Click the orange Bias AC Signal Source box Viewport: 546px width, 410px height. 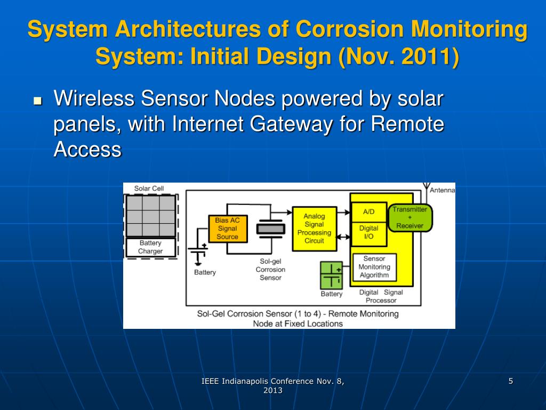pyautogui.click(x=228, y=228)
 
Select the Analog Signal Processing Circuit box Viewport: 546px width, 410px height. pyautogui.click(x=314, y=228)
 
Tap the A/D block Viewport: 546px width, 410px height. pyautogui.click(x=368, y=211)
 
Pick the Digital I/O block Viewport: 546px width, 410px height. pyautogui.click(x=368, y=232)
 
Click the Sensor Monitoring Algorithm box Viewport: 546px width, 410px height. pyautogui.click(x=374, y=267)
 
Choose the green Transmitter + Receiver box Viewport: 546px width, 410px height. pyautogui.click(x=409, y=217)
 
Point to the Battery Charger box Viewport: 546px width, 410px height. pyautogui.click(x=150, y=247)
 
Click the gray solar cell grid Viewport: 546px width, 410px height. pyautogui.click(x=150, y=216)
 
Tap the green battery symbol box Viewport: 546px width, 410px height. pyautogui.click(x=331, y=275)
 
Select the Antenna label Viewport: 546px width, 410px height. pyautogui.click(x=442, y=190)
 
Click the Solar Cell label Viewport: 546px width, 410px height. pyautogui.click(x=149, y=188)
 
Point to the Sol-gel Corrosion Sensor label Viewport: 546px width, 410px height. pyautogui.click(x=270, y=270)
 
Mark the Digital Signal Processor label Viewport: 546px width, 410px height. pyautogui.click(x=381, y=296)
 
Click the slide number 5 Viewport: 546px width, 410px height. pyautogui.click(x=511, y=381)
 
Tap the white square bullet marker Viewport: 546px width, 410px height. pyautogui.click(x=37, y=100)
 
